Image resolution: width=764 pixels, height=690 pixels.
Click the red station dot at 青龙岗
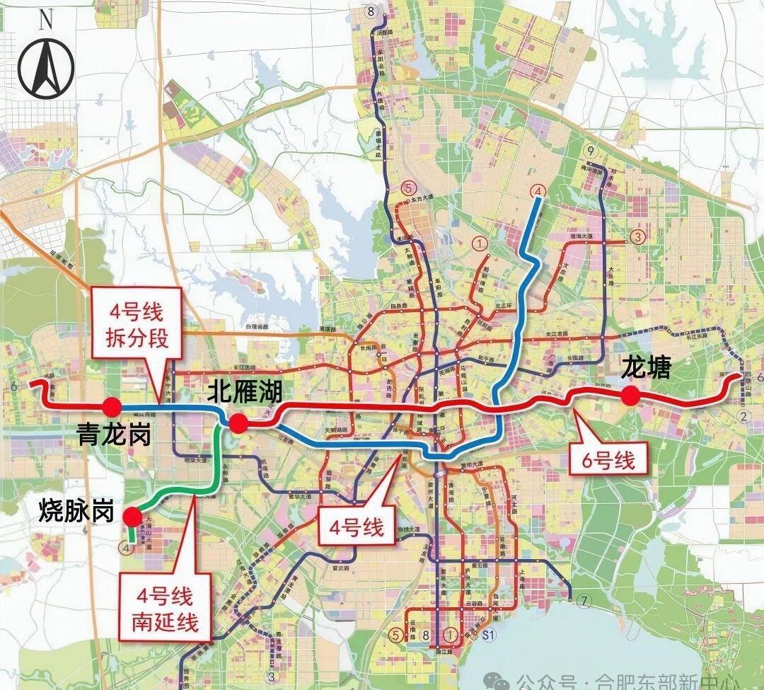point(110,406)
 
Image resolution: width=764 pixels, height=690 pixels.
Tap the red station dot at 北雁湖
point(238,424)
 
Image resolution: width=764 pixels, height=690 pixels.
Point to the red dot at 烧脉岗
point(132,517)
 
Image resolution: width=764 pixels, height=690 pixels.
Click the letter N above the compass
point(46,20)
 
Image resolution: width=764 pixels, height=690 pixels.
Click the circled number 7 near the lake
point(582,602)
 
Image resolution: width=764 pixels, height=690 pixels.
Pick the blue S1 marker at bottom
point(487,635)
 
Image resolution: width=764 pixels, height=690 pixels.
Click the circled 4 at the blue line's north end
point(538,191)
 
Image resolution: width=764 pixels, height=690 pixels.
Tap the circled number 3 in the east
point(638,236)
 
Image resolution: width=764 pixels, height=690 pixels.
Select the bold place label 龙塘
point(644,367)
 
